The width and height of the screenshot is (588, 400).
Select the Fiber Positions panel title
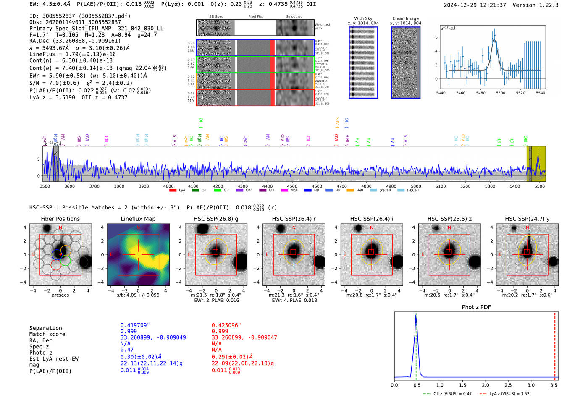(60, 219)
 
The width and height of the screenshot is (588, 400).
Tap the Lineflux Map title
(138, 219)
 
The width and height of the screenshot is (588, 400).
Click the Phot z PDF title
(476, 307)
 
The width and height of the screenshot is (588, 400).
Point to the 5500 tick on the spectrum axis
(539, 186)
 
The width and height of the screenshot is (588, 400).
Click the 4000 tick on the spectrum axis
(168, 186)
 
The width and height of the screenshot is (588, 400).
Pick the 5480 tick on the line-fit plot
(480, 93)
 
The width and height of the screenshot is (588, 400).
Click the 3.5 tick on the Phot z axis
(554, 385)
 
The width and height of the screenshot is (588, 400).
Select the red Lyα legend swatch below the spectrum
(173, 191)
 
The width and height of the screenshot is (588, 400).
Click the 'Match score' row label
(47, 334)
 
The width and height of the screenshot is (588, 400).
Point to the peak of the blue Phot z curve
(416, 316)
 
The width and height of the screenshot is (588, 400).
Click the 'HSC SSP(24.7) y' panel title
(527, 219)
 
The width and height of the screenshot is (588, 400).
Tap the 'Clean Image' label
(405, 18)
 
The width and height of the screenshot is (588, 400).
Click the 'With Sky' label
(363, 18)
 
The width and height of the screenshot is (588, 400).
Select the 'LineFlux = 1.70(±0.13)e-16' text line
(73, 54)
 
